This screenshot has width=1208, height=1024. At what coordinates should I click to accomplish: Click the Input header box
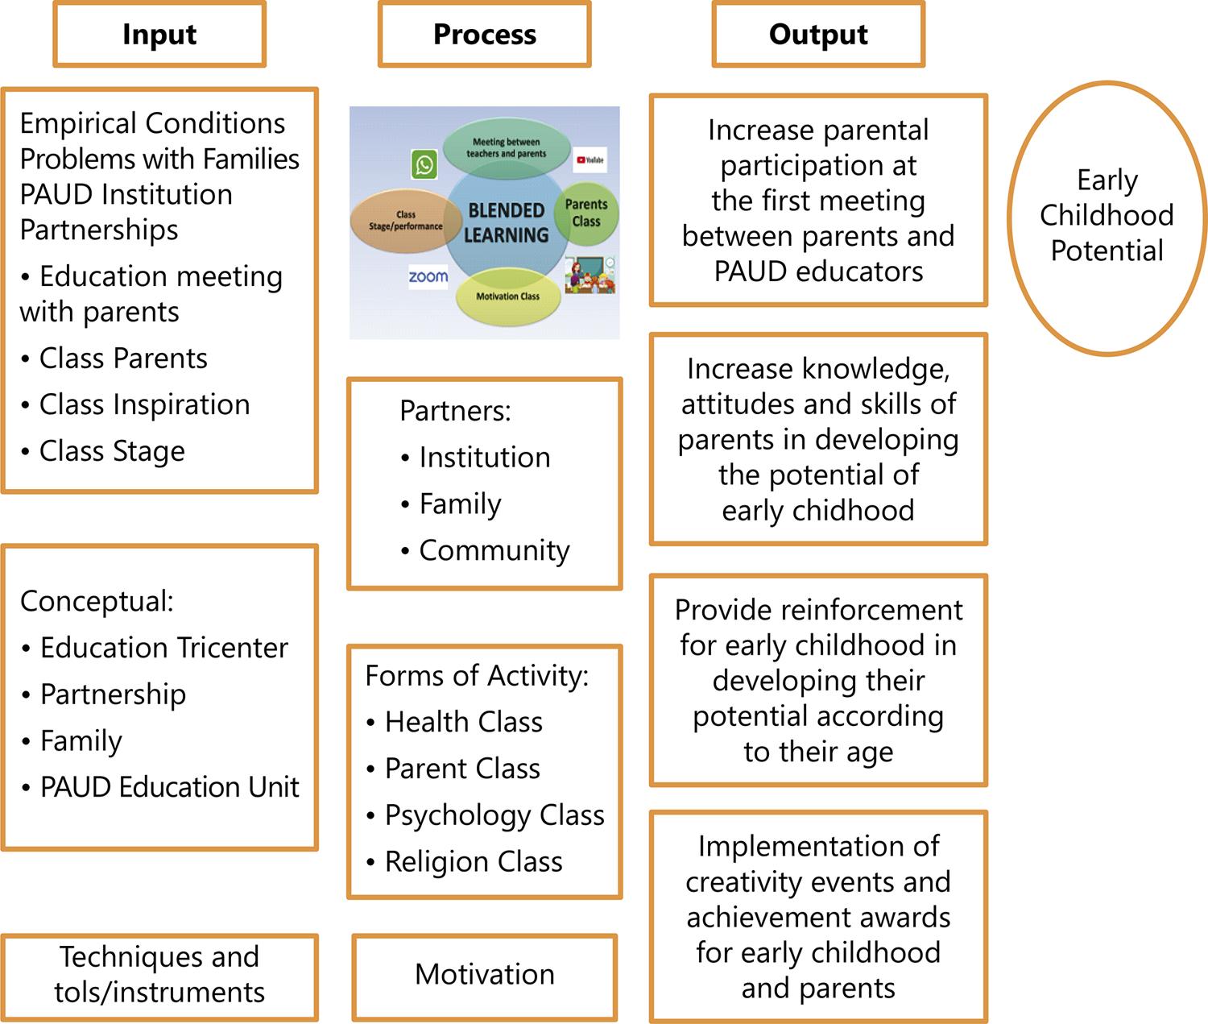[x=159, y=35]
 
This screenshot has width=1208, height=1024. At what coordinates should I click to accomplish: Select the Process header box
[x=484, y=35]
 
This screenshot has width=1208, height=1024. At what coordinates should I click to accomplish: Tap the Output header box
[x=818, y=35]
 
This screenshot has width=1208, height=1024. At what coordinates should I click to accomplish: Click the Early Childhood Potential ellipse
[x=1107, y=216]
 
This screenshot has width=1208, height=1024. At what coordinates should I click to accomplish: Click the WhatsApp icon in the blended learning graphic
[x=424, y=165]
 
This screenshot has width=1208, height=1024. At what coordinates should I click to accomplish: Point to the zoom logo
[x=428, y=277]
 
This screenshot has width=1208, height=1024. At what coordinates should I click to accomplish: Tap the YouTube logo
[x=590, y=160]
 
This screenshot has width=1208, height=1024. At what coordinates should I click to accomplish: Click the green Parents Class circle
[x=586, y=214]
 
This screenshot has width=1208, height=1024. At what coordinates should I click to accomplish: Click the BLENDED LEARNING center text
[x=506, y=223]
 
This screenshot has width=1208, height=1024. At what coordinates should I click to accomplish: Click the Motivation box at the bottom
[x=484, y=975]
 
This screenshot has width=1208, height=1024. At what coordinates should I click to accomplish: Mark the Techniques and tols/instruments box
[x=159, y=975]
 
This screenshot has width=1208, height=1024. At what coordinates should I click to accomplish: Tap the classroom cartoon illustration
[x=590, y=275]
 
